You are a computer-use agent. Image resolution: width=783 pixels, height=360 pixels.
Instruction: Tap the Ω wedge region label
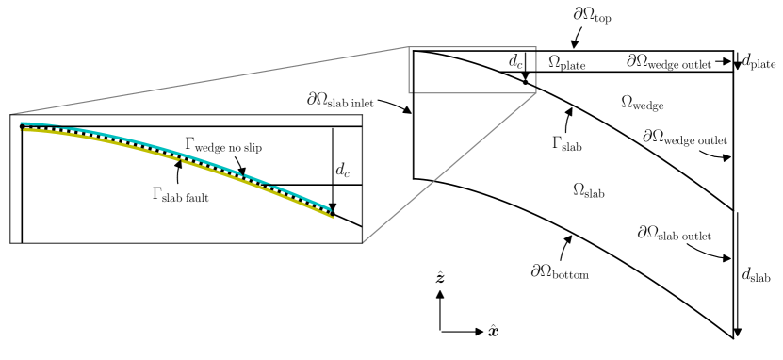click(x=644, y=100)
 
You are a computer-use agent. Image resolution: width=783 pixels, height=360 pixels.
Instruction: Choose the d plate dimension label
click(x=759, y=62)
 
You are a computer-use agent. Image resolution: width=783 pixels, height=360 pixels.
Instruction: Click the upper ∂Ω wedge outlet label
click(x=677, y=62)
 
